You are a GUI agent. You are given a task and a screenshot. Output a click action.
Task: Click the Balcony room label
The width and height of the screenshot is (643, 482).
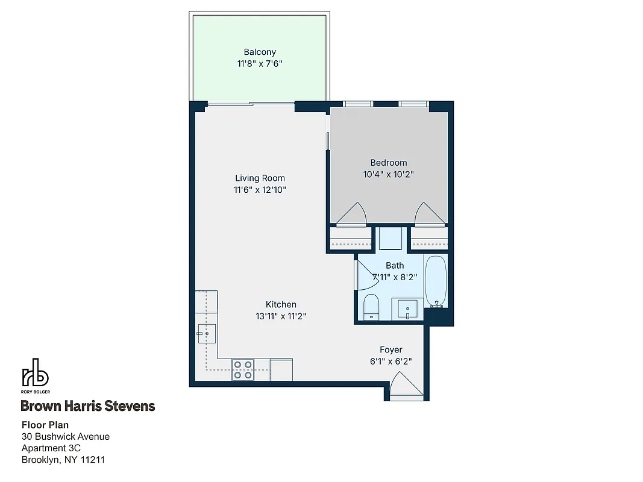pyautogui.click(x=260, y=52)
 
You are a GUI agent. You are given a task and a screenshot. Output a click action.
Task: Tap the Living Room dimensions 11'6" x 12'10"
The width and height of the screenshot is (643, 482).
pyautogui.click(x=260, y=190)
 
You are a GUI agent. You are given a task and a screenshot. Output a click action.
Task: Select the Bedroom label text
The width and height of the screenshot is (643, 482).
pyautogui.click(x=388, y=163)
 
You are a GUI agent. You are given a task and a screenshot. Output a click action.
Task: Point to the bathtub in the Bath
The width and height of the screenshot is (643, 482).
pyautogui.click(x=435, y=281)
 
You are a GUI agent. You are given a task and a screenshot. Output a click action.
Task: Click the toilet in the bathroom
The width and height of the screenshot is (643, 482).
pyautogui.click(x=371, y=306)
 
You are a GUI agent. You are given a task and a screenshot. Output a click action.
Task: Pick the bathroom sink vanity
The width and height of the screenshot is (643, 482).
pyautogui.click(x=407, y=309)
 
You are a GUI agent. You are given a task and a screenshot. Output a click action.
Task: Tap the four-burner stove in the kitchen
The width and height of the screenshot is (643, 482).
pyautogui.click(x=243, y=369)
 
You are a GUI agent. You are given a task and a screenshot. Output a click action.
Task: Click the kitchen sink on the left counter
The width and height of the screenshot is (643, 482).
pyautogui.click(x=206, y=333)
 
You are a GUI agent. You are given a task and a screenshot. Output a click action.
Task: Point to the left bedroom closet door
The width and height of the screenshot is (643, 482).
pyautogui.click(x=351, y=214)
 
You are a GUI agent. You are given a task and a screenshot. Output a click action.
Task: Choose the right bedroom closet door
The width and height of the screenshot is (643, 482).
pyautogui.click(x=430, y=214)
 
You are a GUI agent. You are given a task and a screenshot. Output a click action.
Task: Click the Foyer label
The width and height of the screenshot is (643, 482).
pyautogui.click(x=391, y=349)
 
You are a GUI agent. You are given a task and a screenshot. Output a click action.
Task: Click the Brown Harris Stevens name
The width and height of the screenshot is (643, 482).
pyautogui.click(x=88, y=406)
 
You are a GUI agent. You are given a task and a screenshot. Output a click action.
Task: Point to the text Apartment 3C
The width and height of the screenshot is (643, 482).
pyautogui.click(x=51, y=448)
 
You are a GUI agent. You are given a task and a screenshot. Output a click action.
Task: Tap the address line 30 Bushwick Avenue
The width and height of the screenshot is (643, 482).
pyautogui.click(x=66, y=436)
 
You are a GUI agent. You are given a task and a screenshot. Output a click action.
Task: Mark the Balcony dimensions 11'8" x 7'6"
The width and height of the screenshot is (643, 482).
pyautogui.click(x=260, y=63)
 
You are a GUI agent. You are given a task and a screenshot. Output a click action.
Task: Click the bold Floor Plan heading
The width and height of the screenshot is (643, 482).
pyautogui.click(x=45, y=425)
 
